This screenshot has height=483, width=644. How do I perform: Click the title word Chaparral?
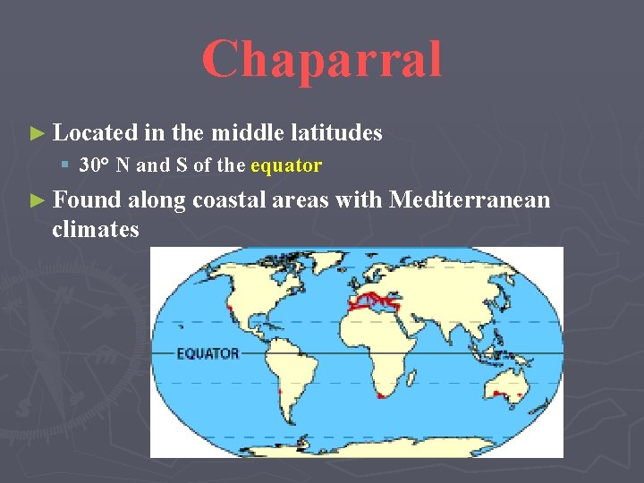pyautogui.click(x=322, y=59)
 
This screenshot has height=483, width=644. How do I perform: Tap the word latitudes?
pyautogui.click(x=338, y=133)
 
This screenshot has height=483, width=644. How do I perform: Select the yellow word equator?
pyautogui.click(x=286, y=165)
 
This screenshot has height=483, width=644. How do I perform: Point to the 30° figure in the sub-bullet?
pyautogui.click(x=93, y=165)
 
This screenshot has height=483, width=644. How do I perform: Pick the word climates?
pyautogui.click(x=96, y=230)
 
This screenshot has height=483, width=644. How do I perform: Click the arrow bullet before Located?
pyautogui.click(x=36, y=134)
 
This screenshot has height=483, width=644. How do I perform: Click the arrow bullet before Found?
pyautogui.click(x=36, y=200)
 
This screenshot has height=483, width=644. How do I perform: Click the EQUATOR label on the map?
pyautogui.click(x=208, y=353)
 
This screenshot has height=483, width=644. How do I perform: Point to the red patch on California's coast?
pyautogui.click(x=231, y=309)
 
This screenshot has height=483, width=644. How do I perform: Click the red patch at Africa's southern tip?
pyautogui.click(x=383, y=394)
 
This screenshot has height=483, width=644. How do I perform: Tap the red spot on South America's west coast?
pyautogui.click(x=280, y=392)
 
